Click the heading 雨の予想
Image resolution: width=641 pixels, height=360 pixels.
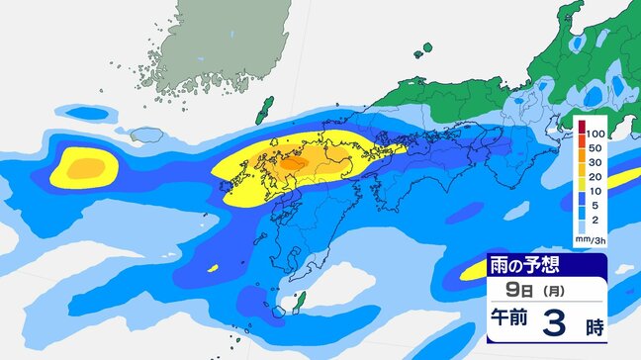(527, 267)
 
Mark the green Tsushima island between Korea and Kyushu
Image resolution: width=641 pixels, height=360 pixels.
(264, 110)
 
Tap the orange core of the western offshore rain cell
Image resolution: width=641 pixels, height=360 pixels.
(82, 164)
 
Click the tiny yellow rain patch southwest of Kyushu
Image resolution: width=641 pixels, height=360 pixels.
(214, 267)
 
